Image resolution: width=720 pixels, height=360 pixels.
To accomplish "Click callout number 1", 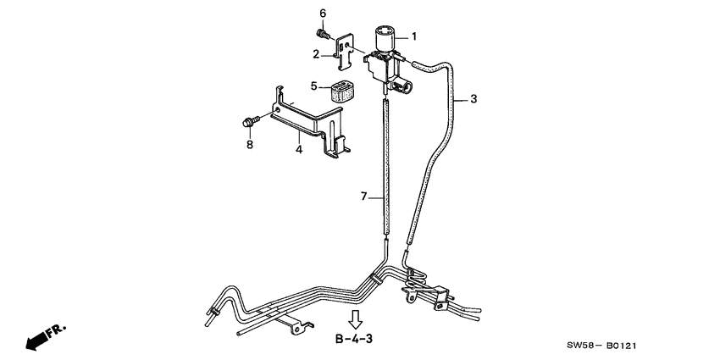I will pos(413,36).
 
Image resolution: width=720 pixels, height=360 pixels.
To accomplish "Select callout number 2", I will pos(316,54).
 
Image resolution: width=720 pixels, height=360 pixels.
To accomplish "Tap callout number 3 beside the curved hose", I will pos(474,99).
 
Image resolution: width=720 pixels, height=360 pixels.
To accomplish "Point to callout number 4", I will pos(298,150).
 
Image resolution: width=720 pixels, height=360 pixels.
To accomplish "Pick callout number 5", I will pos(313,86).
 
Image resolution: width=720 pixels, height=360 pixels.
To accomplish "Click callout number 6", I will pos(323,13).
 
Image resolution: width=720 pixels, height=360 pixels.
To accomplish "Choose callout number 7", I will pos(363,197).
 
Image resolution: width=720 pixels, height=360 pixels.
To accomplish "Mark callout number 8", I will pos(250,145).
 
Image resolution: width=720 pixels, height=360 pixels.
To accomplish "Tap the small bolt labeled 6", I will pos(323,34).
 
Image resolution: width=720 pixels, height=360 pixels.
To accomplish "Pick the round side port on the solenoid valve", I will pos(407,86).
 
